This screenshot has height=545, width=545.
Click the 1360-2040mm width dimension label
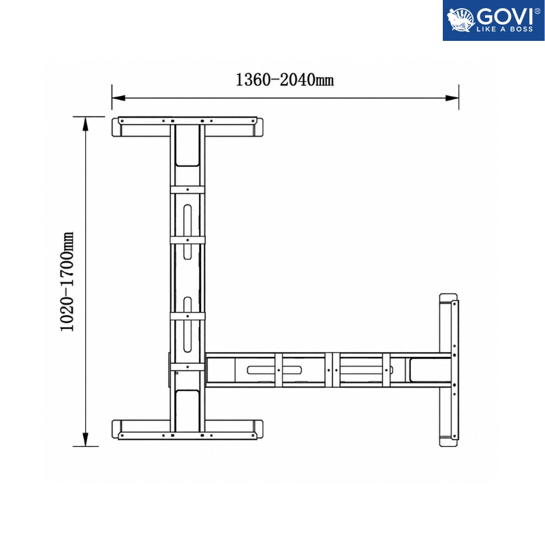285,80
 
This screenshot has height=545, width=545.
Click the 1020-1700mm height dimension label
67,281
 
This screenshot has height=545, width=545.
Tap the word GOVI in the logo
505,16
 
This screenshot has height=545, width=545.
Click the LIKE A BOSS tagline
505,29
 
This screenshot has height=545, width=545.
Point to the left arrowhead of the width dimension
118,98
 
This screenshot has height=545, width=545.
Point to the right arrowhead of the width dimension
452,98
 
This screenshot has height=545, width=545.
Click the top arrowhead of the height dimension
86,123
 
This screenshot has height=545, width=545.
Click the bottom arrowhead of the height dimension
86,439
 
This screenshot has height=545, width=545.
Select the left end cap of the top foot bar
116,127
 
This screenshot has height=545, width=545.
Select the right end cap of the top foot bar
259,127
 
